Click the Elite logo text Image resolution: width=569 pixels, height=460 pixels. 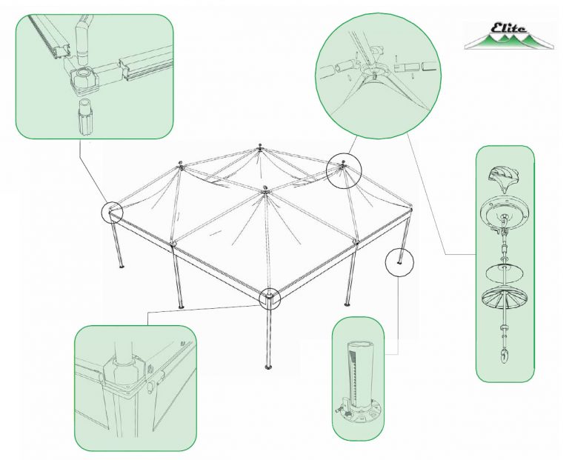click(508, 28)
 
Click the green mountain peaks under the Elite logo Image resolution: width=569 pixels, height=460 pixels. click(508, 41)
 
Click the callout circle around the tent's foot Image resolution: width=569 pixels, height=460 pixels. click(399, 263)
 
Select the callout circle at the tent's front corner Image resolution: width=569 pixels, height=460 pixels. click(270, 299)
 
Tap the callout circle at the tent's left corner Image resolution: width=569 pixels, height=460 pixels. click(112, 212)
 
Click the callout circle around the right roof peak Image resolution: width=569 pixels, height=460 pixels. click(344, 170)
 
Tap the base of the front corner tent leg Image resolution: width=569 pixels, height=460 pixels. click(269, 368)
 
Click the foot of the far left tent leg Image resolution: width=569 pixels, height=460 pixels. click(122, 267)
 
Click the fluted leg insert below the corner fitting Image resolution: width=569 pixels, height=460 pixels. click(85, 117)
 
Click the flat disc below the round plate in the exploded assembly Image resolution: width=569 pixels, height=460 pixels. click(504, 271)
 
